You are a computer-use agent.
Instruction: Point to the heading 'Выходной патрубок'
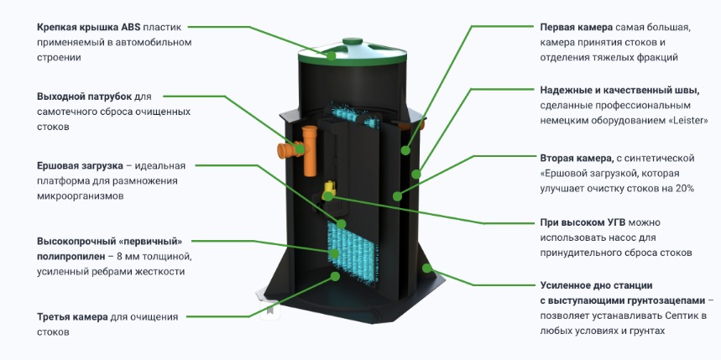(86, 97)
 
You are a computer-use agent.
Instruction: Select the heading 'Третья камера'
(72, 317)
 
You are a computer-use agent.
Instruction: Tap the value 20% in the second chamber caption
(683, 189)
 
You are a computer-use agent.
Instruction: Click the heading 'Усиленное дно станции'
(595, 285)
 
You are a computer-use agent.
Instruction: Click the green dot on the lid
(332, 56)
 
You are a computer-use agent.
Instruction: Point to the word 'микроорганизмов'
(80, 196)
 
